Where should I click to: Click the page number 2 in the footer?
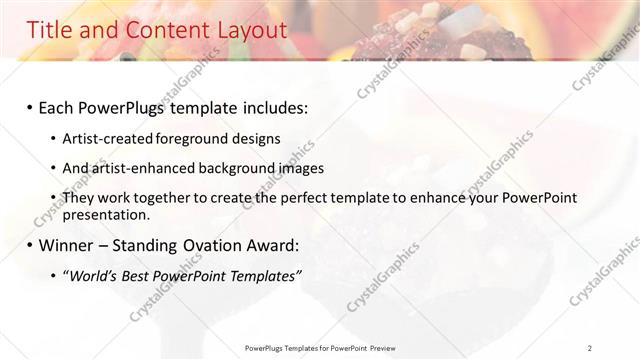pos(590,348)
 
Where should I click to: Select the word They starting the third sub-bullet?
pos(78,198)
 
